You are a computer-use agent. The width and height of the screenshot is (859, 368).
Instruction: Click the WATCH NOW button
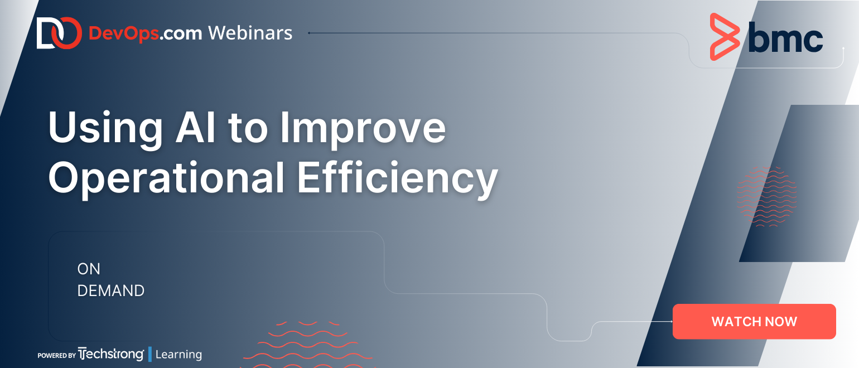(x=754, y=321)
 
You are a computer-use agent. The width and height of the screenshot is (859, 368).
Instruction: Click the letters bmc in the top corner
(x=785, y=37)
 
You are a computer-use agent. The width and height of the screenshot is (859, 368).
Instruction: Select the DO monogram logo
(x=59, y=33)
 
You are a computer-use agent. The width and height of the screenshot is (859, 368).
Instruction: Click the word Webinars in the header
(x=250, y=33)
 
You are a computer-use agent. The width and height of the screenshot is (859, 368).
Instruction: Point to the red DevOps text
(x=123, y=33)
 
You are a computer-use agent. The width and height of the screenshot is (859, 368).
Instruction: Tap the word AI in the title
(x=196, y=127)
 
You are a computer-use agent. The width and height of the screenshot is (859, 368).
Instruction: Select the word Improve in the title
(x=363, y=128)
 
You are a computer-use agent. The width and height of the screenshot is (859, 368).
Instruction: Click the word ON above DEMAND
(x=89, y=269)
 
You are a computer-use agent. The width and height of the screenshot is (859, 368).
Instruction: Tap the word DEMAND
(x=111, y=290)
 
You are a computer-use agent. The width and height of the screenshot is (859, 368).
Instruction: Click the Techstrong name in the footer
(x=111, y=354)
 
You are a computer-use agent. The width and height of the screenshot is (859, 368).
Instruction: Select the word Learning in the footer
(x=178, y=355)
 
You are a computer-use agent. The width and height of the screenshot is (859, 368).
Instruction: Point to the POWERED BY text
(x=57, y=355)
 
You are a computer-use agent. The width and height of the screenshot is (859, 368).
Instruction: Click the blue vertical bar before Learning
(x=150, y=354)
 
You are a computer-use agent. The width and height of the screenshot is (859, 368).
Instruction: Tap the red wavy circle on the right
(x=766, y=196)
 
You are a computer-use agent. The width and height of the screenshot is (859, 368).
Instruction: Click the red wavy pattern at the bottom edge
(x=308, y=345)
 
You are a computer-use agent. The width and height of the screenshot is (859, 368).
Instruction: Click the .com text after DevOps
(x=181, y=33)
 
